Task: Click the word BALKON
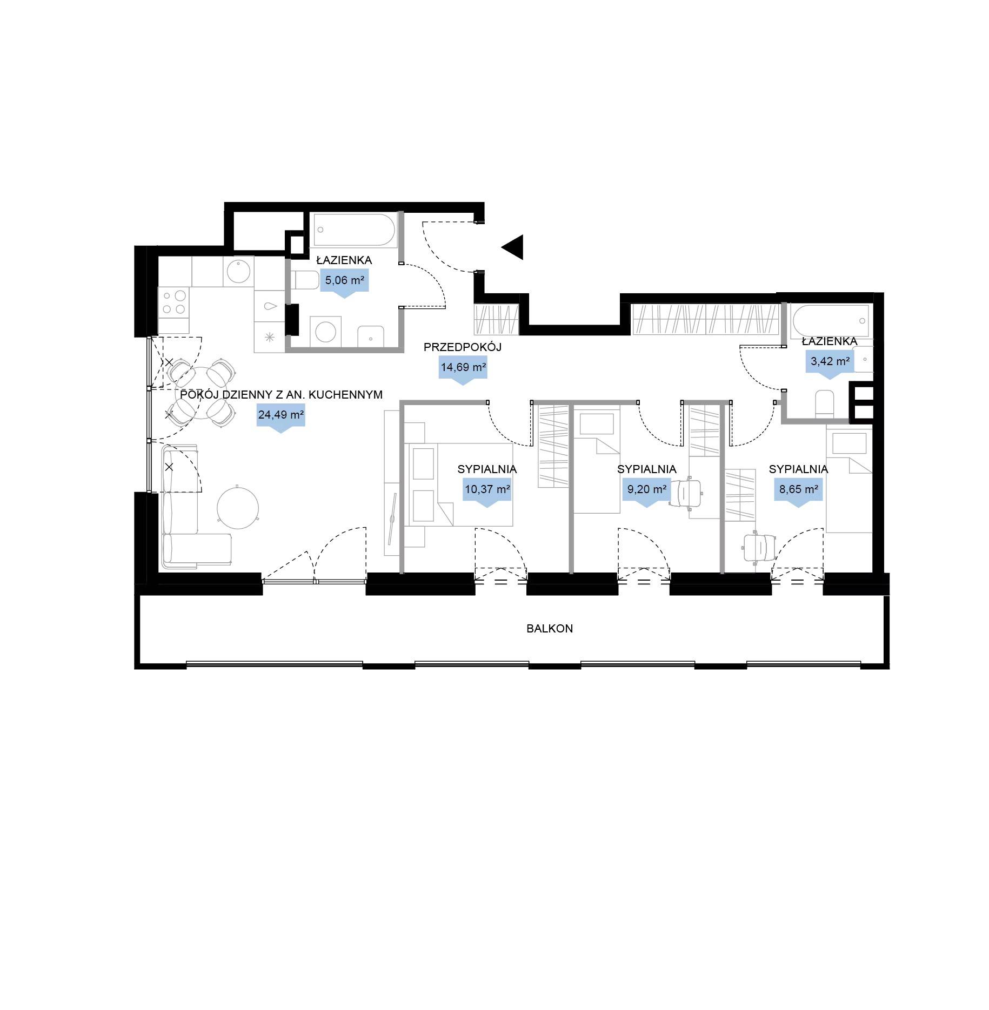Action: tap(550, 628)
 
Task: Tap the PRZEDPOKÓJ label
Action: tap(463, 347)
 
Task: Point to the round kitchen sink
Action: tap(238, 271)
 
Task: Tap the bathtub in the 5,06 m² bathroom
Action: tap(354, 231)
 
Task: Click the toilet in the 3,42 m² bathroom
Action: tap(825, 403)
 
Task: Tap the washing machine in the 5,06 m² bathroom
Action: tap(325, 332)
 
